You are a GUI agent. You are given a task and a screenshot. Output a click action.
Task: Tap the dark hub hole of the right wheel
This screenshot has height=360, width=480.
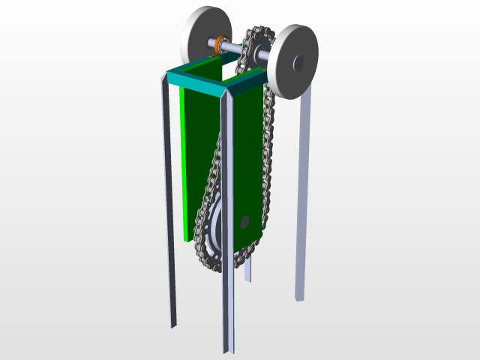point(298,64)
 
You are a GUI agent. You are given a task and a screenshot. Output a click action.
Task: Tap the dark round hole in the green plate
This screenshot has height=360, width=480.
point(244,222)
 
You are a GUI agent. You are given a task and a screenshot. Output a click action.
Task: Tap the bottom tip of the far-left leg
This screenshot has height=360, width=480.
point(173,325)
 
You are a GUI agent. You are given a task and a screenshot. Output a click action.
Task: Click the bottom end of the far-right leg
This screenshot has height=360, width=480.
point(300,298)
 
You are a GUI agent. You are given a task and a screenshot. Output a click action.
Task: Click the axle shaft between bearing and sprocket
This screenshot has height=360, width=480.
point(234,48)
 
